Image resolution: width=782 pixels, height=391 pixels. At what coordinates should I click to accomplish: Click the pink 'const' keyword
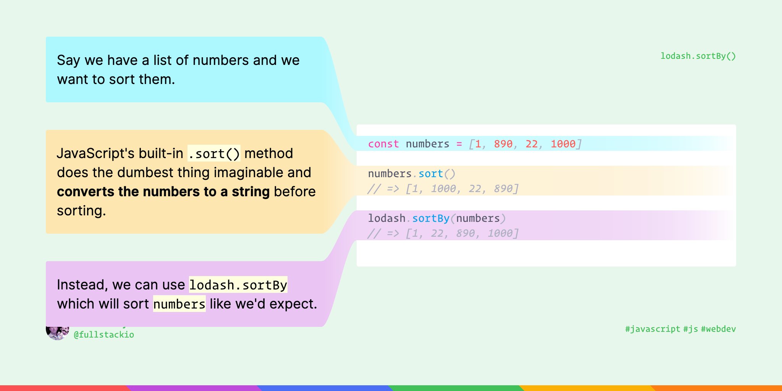(x=378, y=144)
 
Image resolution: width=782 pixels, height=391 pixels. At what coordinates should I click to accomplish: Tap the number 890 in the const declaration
(x=503, y=144)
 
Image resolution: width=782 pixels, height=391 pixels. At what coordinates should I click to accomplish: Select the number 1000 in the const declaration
(x=563, y=144)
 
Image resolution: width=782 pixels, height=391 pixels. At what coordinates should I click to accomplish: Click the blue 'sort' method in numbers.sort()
(x=431, y=174)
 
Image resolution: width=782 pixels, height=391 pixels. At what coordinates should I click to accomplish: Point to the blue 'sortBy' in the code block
(x=431, y=218)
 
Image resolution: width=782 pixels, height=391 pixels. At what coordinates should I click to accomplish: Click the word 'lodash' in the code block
(x=386, y=218)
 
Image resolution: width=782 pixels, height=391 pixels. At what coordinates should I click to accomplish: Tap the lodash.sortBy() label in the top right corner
(x=698, y=56)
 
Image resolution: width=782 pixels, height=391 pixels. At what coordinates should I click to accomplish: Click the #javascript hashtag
(x=653, y=329)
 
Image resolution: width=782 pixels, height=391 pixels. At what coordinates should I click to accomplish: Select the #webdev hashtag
(x=718, y=329)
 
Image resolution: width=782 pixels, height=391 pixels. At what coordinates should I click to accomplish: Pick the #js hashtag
(x=690, y=329)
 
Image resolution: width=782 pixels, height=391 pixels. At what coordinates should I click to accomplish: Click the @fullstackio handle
(x=104, y=335)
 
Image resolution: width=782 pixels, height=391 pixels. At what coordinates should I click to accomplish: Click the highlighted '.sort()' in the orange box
(x=214, y=153)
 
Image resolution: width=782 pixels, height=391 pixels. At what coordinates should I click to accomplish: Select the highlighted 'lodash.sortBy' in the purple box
(x=238, y=285)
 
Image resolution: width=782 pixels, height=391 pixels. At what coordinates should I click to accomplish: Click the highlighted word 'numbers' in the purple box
(x=179, y=304)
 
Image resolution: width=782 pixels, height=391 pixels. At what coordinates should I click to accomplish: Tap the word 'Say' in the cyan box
(x=69, y=60)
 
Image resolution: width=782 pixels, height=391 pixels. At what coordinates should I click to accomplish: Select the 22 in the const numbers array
(x=532, y=144)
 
